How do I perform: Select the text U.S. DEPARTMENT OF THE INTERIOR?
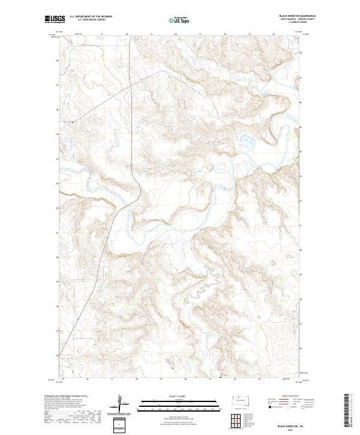click(x=91, y=17)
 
